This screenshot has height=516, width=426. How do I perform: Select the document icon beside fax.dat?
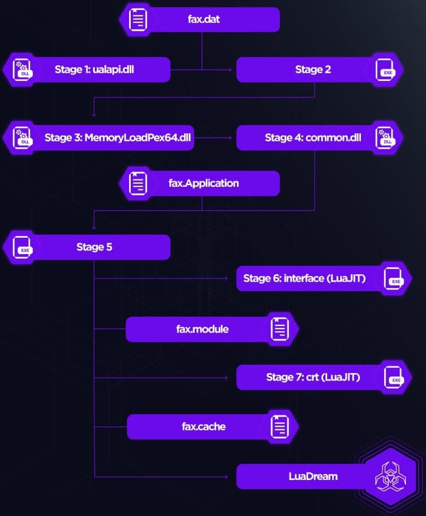point(138,19)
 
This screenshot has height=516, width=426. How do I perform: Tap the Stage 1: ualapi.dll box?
point(94,69)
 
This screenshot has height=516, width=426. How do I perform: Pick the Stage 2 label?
point(313,69)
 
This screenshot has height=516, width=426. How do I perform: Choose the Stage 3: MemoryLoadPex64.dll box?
point(117,138)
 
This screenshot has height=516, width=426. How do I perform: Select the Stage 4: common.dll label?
point(313,138)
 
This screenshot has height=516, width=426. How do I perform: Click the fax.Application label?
point(204,183)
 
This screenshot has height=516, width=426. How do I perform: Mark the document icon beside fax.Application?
point(138,183)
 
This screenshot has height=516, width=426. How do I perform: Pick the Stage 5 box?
point(94,247)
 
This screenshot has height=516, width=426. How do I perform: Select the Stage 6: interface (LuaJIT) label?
point(304,278)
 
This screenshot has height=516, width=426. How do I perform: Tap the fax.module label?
point(202,329)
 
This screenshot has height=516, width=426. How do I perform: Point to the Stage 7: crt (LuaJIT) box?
point(313,377)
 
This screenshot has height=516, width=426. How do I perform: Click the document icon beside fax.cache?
point(280,427)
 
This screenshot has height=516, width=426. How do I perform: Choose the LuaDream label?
point(313,476)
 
